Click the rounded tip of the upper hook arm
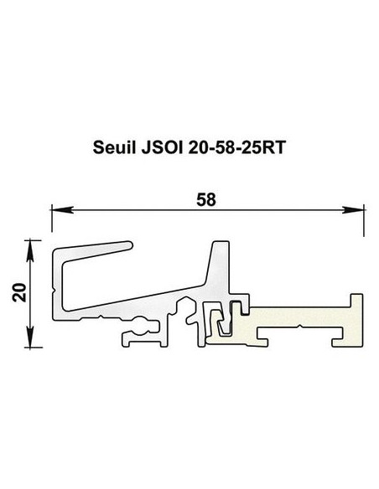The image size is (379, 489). [128, 244]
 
